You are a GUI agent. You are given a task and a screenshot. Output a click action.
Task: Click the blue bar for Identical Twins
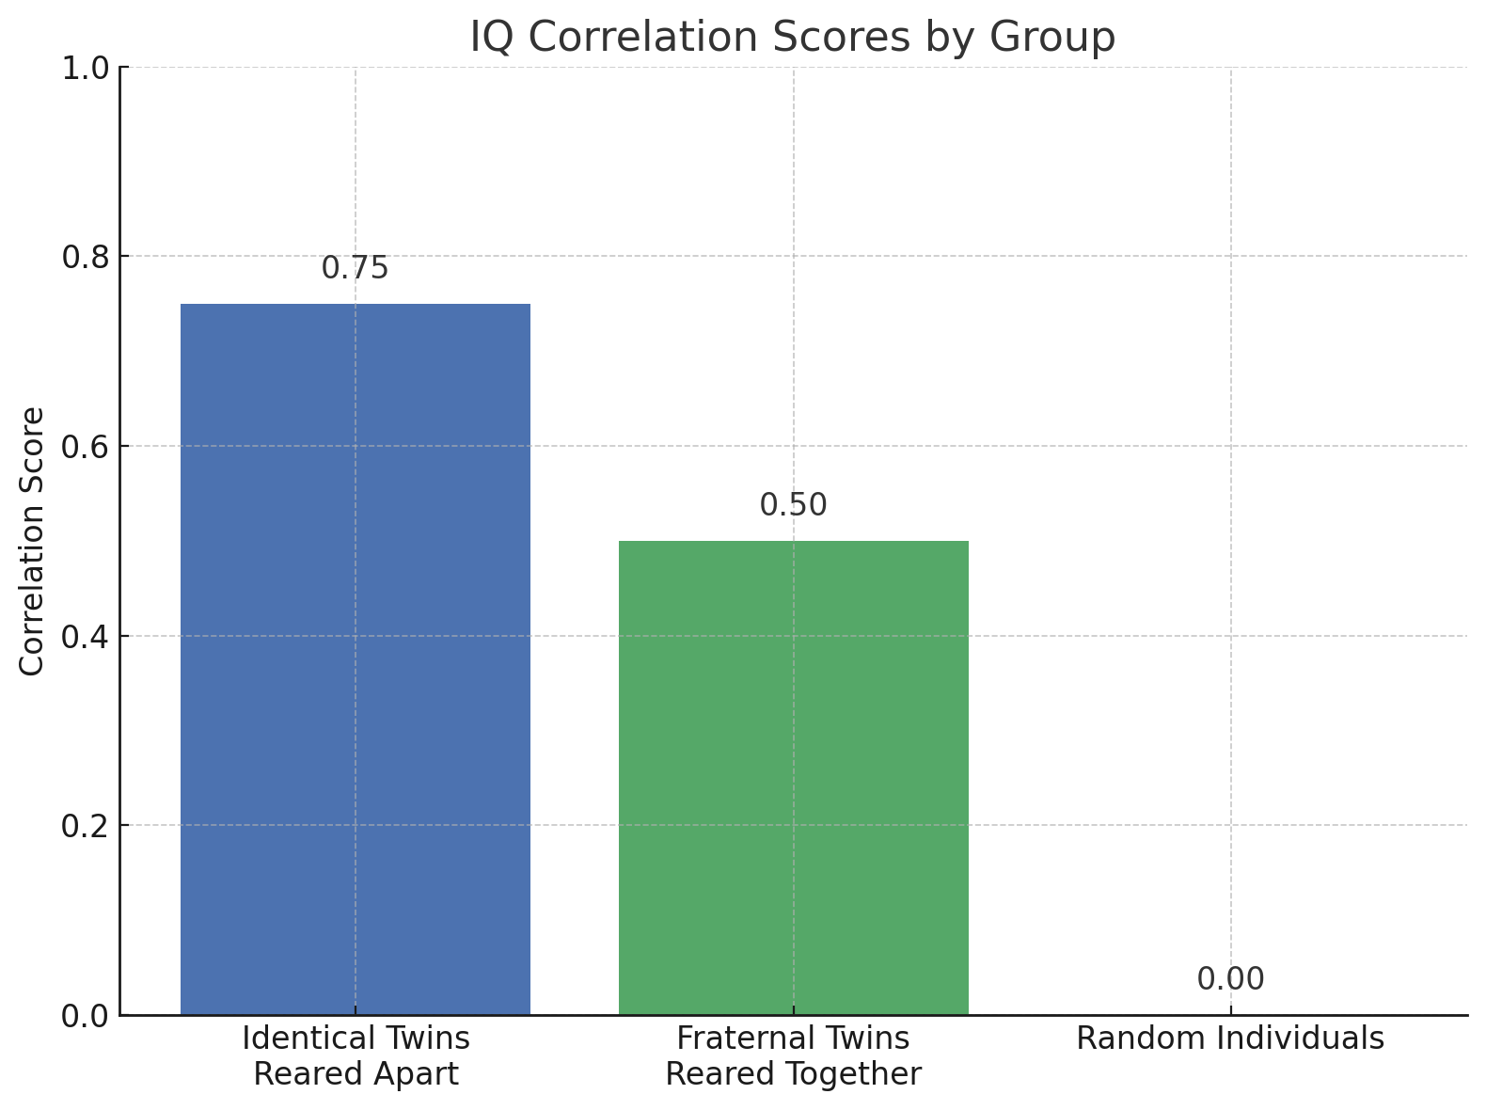356,658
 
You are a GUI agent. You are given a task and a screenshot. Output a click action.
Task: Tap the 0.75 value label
355,268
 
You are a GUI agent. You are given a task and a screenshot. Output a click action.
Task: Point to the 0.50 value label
793,505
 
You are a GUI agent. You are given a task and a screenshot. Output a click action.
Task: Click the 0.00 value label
1230,979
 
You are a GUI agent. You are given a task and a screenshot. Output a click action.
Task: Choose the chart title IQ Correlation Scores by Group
793,38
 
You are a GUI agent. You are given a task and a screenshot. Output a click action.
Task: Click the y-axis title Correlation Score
33,541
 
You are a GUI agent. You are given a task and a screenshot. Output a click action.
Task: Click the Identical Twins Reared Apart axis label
356,1055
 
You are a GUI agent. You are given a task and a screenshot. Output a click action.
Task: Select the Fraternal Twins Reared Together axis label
793,1055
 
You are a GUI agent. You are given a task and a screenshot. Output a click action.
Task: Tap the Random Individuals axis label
1230,1039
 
